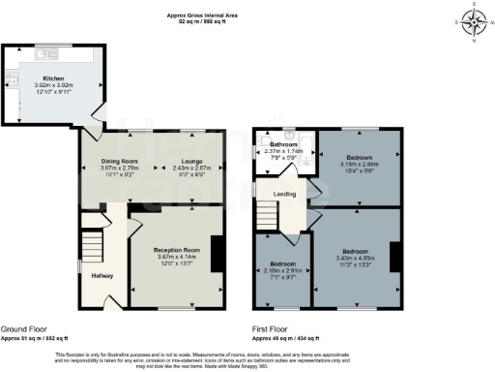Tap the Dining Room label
123,161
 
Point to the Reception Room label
176,249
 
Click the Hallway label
102,276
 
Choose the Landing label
285,194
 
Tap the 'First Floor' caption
274,329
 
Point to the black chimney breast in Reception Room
218,254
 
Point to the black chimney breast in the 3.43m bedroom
395,258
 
